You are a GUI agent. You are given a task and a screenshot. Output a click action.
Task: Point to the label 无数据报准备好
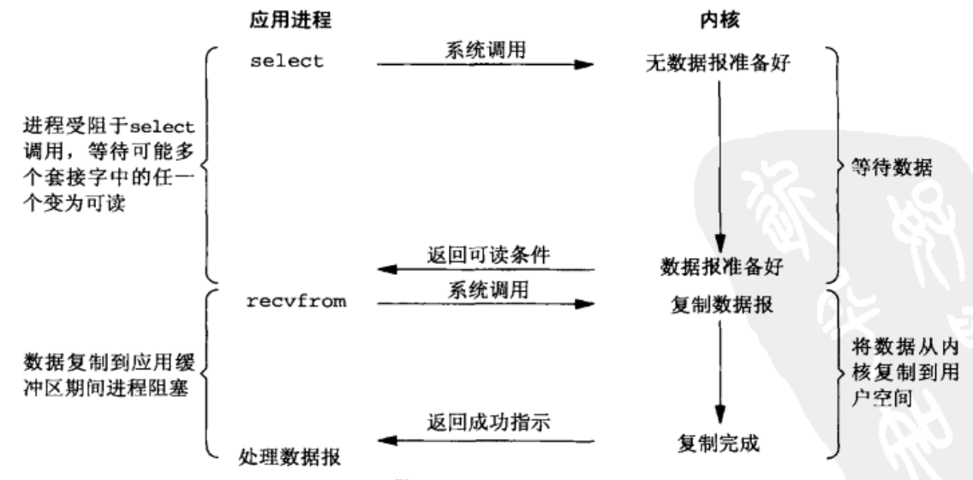tap(719, 66)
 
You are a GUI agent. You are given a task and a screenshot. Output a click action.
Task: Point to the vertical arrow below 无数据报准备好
tap(719, 163)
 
